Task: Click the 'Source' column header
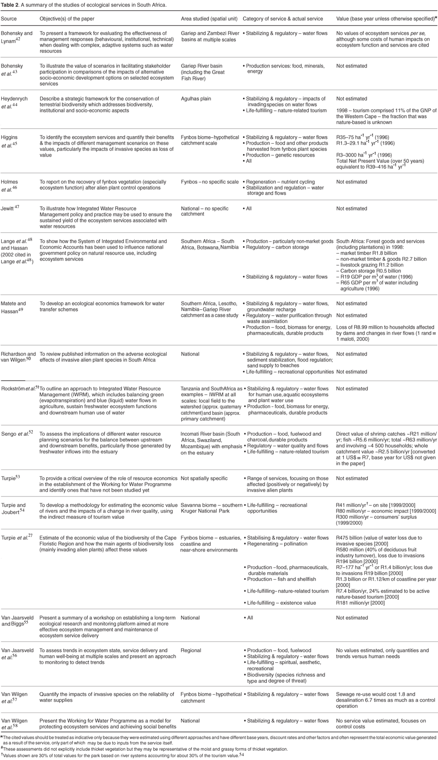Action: tap(9, 19)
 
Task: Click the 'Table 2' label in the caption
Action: tap(11, 4)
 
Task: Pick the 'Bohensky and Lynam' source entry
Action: tap(17, 36)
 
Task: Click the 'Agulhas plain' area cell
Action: tap(196, 99)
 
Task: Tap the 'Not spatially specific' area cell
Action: tap(204, 478)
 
